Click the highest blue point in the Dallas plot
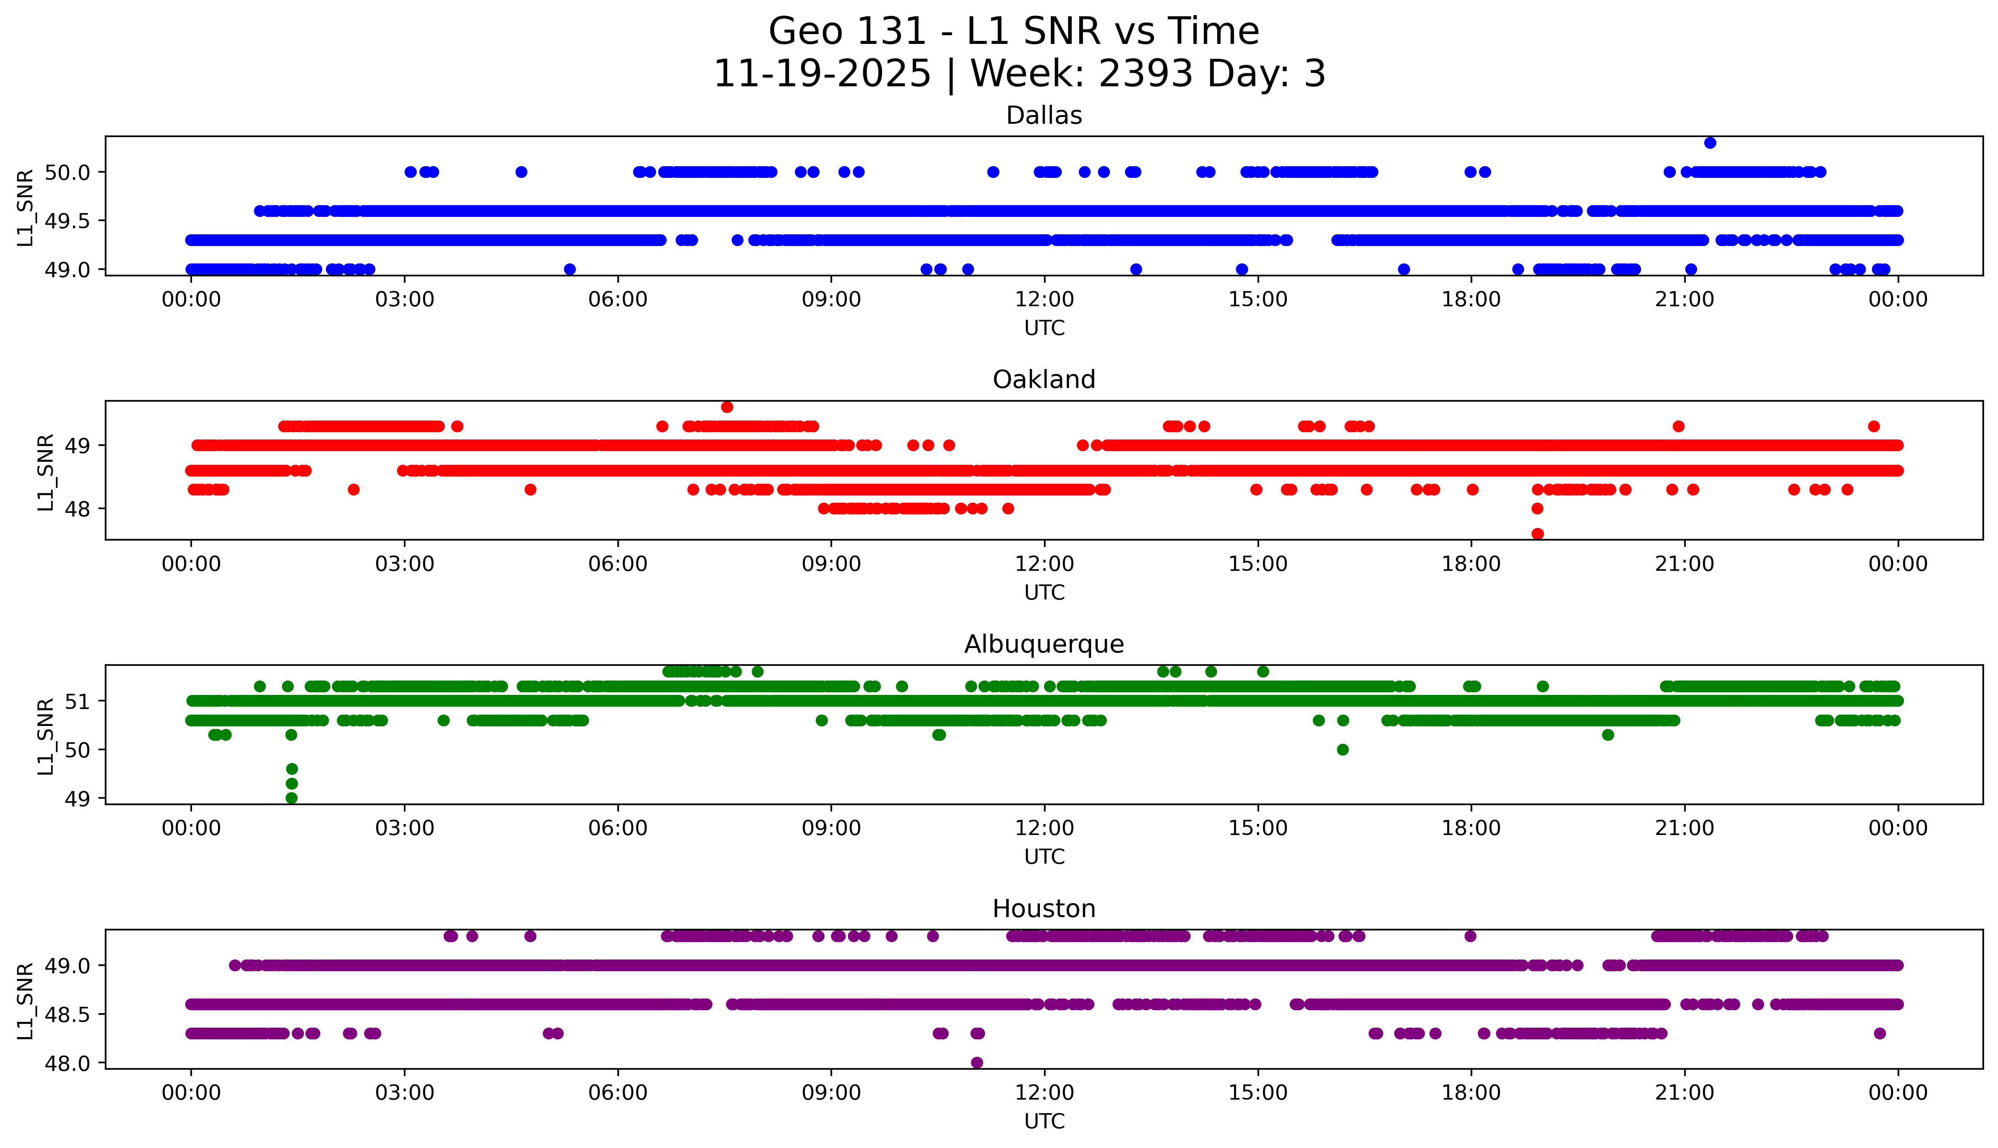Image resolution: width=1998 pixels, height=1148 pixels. tap(1710, 143)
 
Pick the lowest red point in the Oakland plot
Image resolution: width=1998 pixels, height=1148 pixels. tap(1537, 534)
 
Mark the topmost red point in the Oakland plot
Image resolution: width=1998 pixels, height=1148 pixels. tap(727, 407)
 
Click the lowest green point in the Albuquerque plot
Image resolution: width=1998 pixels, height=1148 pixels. tap(291, 798)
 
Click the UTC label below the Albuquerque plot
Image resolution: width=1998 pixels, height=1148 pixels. tap(1044, 857)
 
